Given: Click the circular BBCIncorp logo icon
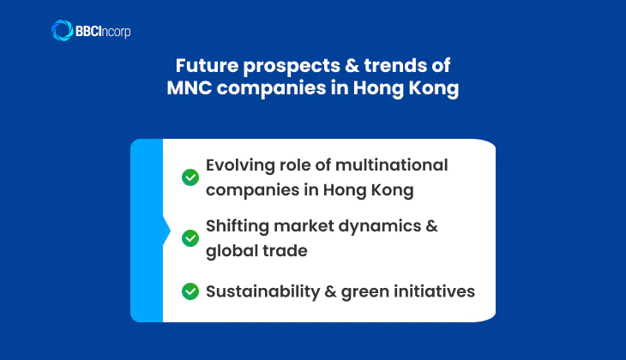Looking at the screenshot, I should pyautogui.click(x=62, y=31).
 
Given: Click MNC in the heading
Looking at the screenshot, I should pyautogui.click(x=190, y=89).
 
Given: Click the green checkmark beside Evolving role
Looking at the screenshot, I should pyautogui.click(x=190, y=177).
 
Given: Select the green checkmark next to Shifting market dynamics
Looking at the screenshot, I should pyautogui.click(x=190, y=237).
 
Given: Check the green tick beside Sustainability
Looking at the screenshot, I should pyautogui.click(x=190, y=291).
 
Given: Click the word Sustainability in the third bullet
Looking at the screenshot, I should pyautogui.click(x=262, y=291).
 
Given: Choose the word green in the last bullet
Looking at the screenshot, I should pyautogui.click(x=364, y=291).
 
